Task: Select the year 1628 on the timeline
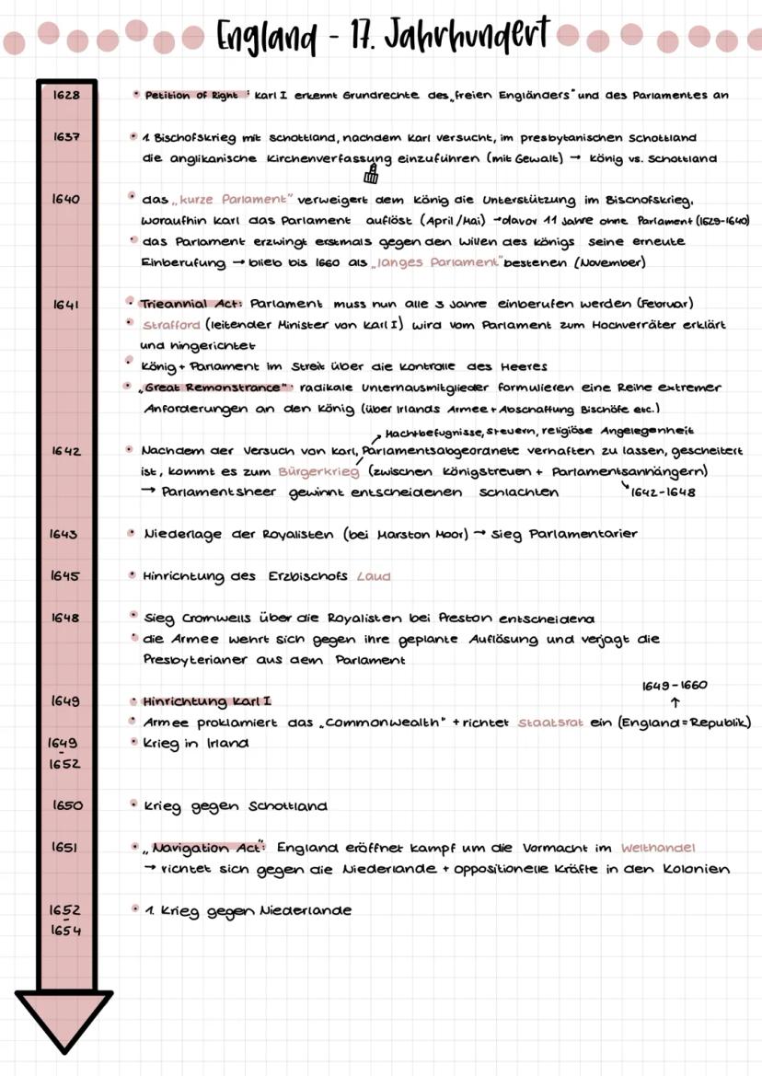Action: (x=64, y=95)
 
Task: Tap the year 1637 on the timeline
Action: (x=64, y=137)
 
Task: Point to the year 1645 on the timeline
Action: (x=64, y=576)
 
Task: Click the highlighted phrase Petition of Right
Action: (x=191, y=95)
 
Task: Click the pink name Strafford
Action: (x=172, y=325)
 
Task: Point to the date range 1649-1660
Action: (x=675, y=685)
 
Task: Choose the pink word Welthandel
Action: (x=658, y=848)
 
